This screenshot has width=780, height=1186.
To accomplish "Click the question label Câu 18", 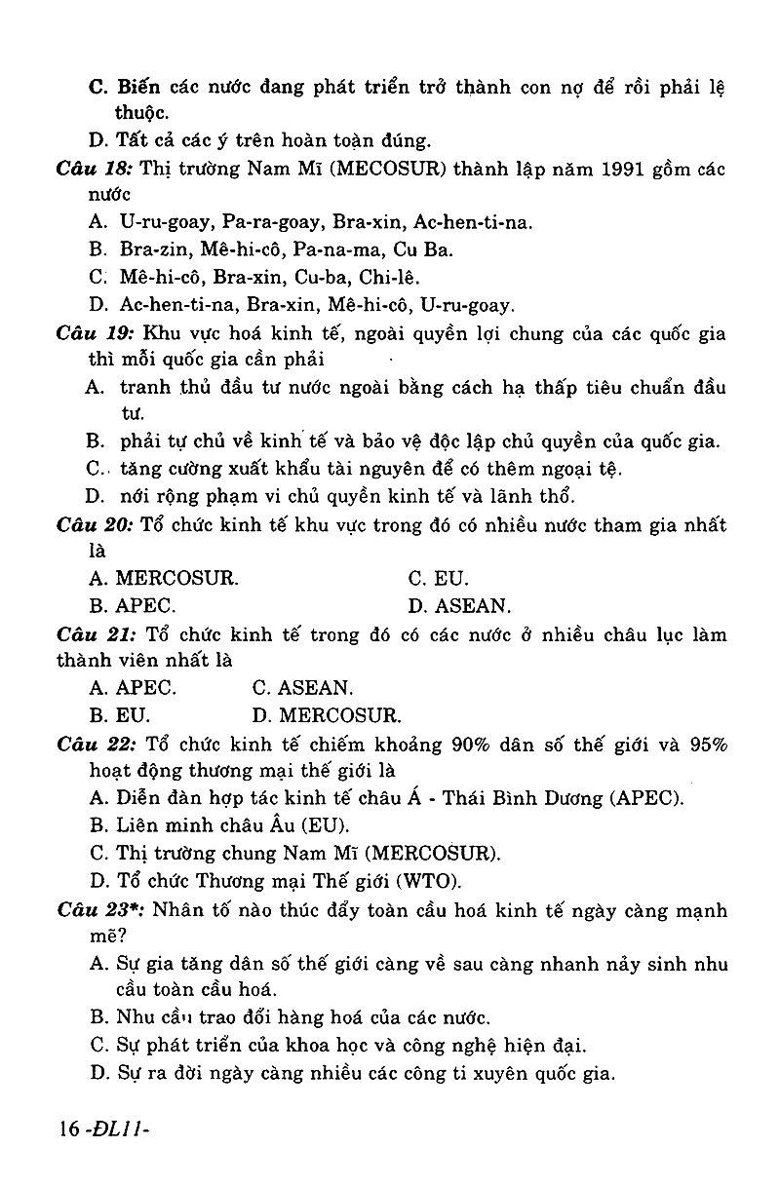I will click(x=95, y=169).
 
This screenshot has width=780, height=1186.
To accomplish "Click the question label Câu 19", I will click(x=95, y=333).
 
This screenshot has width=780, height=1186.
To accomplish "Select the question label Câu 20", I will click(x=95, y=525).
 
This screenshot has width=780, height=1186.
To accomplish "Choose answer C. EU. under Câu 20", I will click(x=438, y=578).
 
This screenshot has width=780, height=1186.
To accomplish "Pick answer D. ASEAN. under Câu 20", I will click(x=458, y=605).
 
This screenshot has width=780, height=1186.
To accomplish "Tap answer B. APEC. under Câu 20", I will click(x=132, y=605).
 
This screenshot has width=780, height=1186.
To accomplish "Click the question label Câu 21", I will click(x=95, y=634).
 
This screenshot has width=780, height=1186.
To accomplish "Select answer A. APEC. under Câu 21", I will click(x=133, y=687).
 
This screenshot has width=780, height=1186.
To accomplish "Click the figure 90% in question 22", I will click(x=474, y=745).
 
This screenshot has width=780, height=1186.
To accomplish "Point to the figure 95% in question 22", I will click(x=705, y=745).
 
